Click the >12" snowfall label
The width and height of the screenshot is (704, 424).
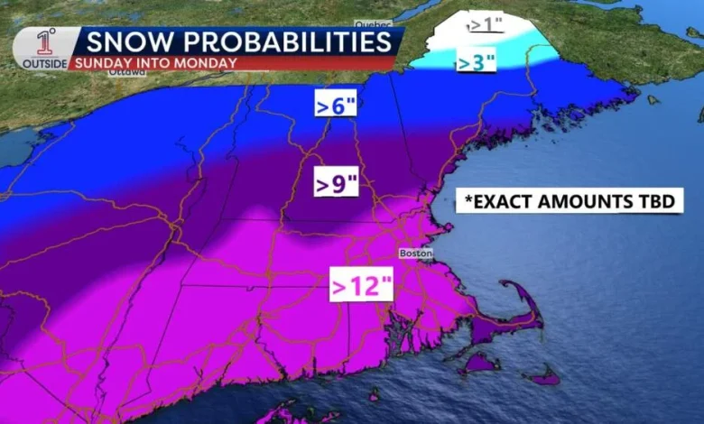point(361,286)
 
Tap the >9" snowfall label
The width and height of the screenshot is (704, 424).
point(337,183)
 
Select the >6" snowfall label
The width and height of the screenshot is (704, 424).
point(336,105)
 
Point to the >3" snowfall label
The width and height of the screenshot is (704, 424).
point(475,63)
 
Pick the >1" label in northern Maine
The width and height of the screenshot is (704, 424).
point(486,24)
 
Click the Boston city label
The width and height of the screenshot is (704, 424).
point(416,253)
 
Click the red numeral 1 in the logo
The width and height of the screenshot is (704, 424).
point(44,41)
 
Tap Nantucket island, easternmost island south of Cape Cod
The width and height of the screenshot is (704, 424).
point(543,377)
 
